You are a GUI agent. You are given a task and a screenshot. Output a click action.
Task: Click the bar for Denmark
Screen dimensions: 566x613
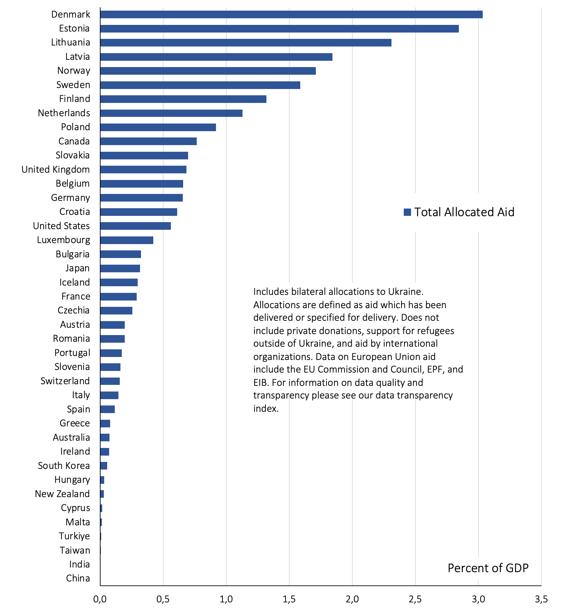click(291, 14)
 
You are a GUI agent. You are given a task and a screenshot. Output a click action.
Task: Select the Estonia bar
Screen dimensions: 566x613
click(279, 29)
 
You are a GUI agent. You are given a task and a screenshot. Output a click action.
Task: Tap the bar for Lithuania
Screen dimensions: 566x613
click(246, 43)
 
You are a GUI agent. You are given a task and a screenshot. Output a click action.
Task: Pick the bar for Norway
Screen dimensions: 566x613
click(208, 71)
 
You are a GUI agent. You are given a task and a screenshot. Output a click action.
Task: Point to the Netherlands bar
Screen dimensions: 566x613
click(171, 113)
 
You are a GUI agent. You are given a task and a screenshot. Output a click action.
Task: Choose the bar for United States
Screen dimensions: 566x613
click(135, 226)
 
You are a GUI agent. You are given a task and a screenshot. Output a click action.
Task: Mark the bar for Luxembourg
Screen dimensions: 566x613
click(127, 240)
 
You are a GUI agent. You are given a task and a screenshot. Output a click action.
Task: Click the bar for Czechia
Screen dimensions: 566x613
click(116, 310)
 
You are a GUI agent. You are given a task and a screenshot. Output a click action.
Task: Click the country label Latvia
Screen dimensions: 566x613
click(78, 56)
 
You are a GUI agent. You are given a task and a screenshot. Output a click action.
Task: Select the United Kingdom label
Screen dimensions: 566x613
click(56, 169)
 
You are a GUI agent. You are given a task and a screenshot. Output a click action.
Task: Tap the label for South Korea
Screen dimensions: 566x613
click(64, 466)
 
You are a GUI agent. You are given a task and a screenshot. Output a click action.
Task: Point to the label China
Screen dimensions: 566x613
click(78, 578)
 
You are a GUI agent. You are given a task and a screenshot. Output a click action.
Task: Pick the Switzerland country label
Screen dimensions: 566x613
click(65, 381)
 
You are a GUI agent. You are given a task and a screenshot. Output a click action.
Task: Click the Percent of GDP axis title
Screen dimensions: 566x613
click(488, 568)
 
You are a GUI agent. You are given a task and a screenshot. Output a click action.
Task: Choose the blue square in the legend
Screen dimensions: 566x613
click(407, 212)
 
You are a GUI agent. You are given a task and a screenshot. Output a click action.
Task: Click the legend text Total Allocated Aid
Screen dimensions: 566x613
click(464, 212)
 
